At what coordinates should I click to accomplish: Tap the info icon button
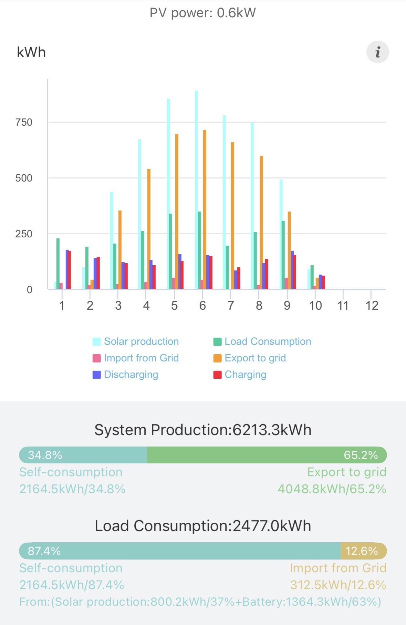(x=377, y=52)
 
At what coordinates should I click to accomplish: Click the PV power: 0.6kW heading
(x=202, y=13)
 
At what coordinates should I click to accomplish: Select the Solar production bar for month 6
(x=196, y=189)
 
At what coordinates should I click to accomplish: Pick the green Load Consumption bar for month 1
(x=58, y=264)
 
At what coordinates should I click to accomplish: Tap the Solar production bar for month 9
(x=281, y=234)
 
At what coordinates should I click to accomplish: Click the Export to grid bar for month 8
(x=261, y=222)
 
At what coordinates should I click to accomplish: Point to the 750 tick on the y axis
(x=24, y=122)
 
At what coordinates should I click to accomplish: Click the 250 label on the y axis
(x=24, y=234)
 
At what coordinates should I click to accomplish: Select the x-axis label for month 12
(x=372, y=306)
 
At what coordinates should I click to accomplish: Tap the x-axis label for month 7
(x=231, y=306)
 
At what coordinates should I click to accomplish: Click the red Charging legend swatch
(x=217, y=375)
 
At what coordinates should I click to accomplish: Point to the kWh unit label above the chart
(x=31, y=52)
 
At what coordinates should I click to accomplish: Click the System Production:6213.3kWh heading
(x=203, y=430)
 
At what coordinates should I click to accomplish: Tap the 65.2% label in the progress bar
(x=361, y=455)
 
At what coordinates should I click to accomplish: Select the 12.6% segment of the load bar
(x=363, y=551)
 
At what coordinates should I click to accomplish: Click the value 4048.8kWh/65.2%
(x=332, y=489)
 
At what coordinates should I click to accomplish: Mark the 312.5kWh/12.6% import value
(x=338, y=585)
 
